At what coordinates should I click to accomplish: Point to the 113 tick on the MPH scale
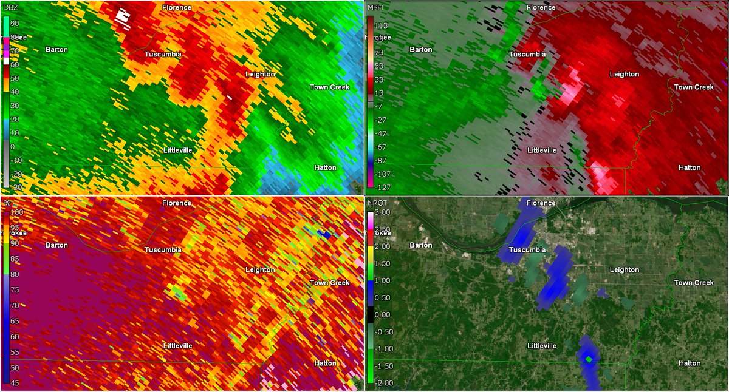(382, 25)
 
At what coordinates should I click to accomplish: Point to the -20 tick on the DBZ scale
(16, 173)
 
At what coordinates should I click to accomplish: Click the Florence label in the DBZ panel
(177, 7)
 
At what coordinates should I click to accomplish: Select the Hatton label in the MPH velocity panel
(690, 167)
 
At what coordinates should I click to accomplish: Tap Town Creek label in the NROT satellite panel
(694, 283)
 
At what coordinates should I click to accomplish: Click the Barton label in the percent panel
(56, 245)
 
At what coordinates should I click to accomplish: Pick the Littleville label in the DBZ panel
(177, 149)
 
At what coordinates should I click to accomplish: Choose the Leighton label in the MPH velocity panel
(625, 74)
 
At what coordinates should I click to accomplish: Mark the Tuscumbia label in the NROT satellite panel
(527, 250)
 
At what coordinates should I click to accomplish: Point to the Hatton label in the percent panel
(325, 363)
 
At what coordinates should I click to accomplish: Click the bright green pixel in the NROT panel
(589, 359)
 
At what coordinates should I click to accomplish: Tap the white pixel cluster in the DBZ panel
(123, 16)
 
